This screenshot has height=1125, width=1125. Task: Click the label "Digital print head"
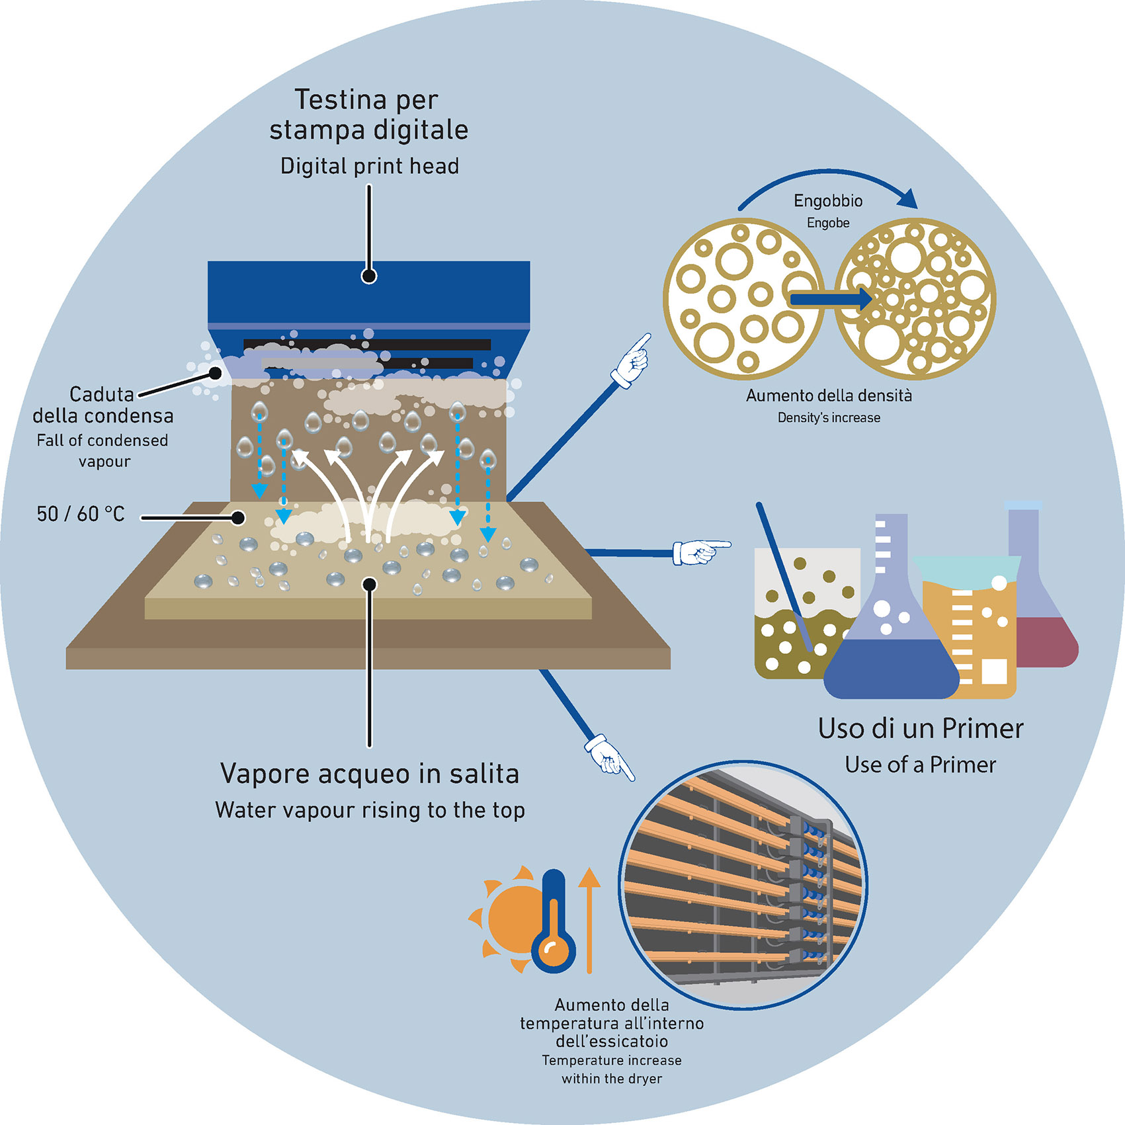pos(370,166)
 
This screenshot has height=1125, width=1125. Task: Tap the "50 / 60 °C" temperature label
pos(81,514)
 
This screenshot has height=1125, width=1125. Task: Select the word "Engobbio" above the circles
pos(828,200)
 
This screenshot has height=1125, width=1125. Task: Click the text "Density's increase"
pos(829,418)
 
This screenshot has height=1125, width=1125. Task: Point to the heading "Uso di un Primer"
pos(921,728)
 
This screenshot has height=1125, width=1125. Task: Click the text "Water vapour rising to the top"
pos(370,810)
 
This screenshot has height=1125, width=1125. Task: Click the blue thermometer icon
pos(554,923)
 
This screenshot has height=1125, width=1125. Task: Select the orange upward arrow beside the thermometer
pos(589,919)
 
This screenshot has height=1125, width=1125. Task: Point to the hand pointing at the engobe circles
pos(632,361)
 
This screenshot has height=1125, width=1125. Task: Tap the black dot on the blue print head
pos(369,276)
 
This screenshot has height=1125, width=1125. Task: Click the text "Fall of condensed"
pos(103,440)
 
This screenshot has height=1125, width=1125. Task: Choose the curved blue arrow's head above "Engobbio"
pos(909,198)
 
